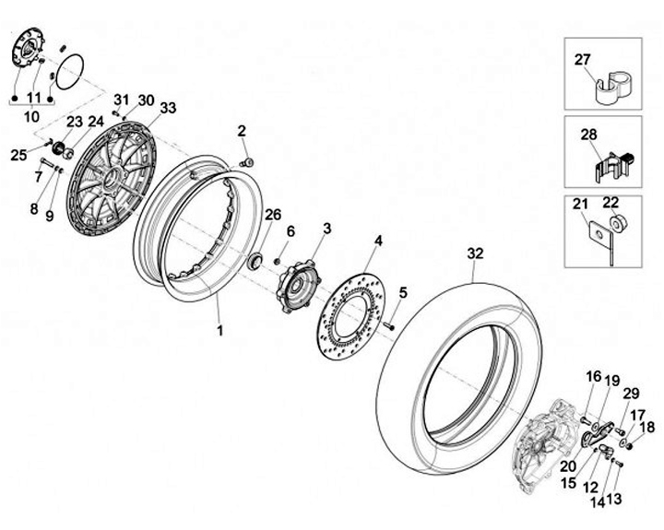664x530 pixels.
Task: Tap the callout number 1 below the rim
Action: (x=219, y=329)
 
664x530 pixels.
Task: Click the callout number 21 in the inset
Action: (x=580, y=204)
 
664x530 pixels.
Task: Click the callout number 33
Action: (x=168, y=108)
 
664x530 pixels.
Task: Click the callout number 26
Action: (x=272, y=215)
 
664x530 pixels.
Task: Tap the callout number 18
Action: (x=647, y=427)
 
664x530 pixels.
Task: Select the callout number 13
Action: (x=614, y=499)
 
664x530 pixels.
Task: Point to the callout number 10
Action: (x=32, y=117)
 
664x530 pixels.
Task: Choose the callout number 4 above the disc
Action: (x=377, y=241)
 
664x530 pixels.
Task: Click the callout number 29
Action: (x=631, y=394)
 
